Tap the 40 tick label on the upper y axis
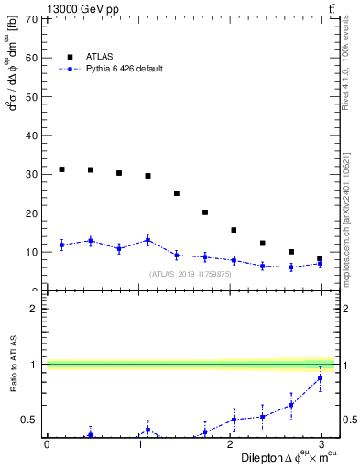coord(31,136)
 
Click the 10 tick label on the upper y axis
coord(31,252)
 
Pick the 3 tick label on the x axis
coord(322,444)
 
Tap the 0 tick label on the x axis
coord(46,444)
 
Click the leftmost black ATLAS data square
coord(61,169)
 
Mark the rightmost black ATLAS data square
coord(320,258)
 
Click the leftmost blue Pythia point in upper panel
coord(61,245)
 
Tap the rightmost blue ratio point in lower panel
coord(320,378)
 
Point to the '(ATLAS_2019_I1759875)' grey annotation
coord(189,273)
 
